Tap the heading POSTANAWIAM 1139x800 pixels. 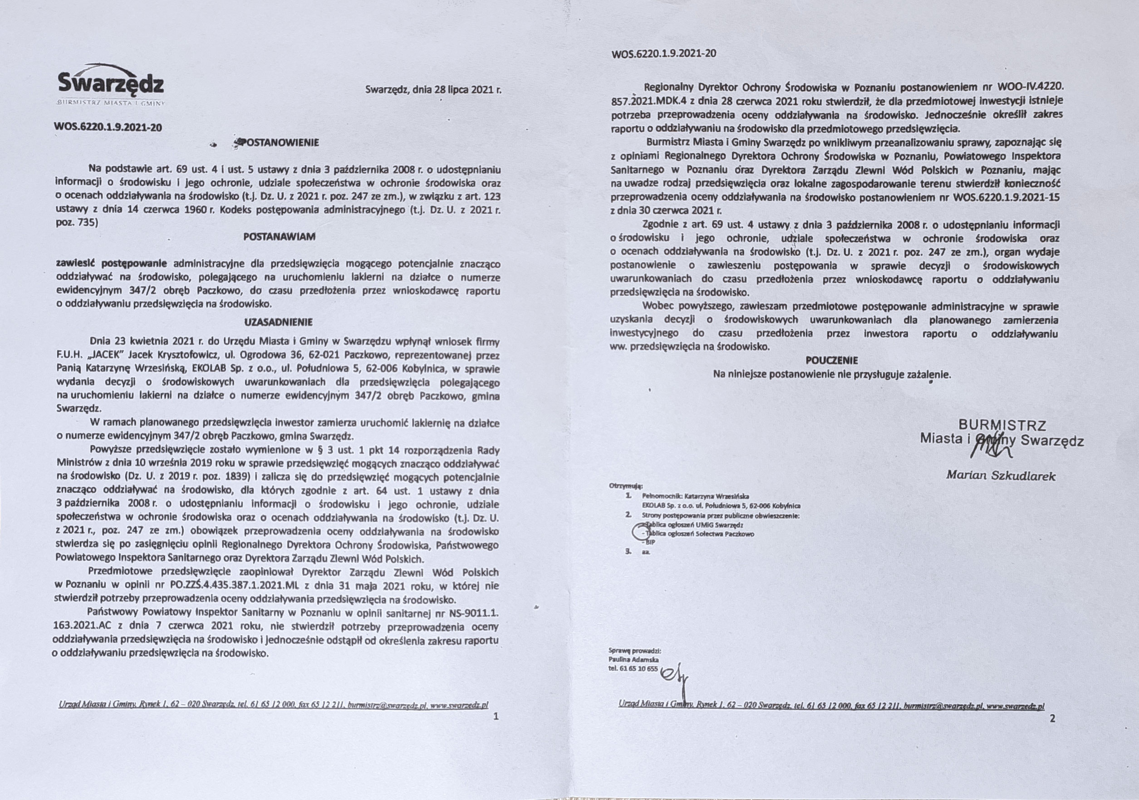coord(279,236)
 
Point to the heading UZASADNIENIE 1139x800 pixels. coord(278,322)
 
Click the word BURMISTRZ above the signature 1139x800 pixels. coord(1002,425)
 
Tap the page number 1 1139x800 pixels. coord(496,716)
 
